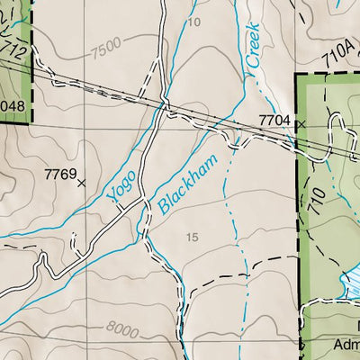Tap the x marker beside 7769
click(82, 182)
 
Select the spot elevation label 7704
click(274, 118)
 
